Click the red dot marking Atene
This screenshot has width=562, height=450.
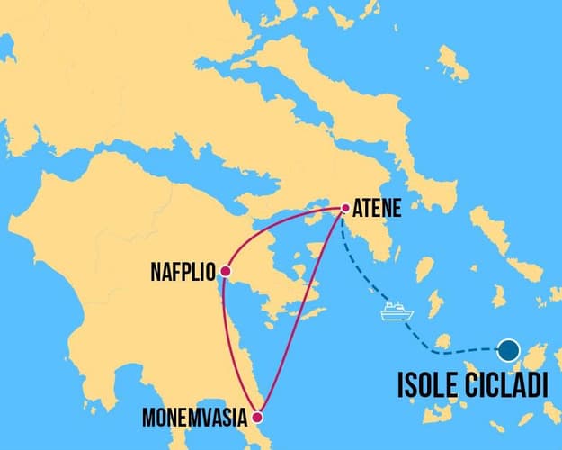345,208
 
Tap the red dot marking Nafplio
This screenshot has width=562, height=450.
225,271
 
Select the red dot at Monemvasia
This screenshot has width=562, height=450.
258,417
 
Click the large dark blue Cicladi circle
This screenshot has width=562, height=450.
510,350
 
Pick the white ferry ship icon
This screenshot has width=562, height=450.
397,311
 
